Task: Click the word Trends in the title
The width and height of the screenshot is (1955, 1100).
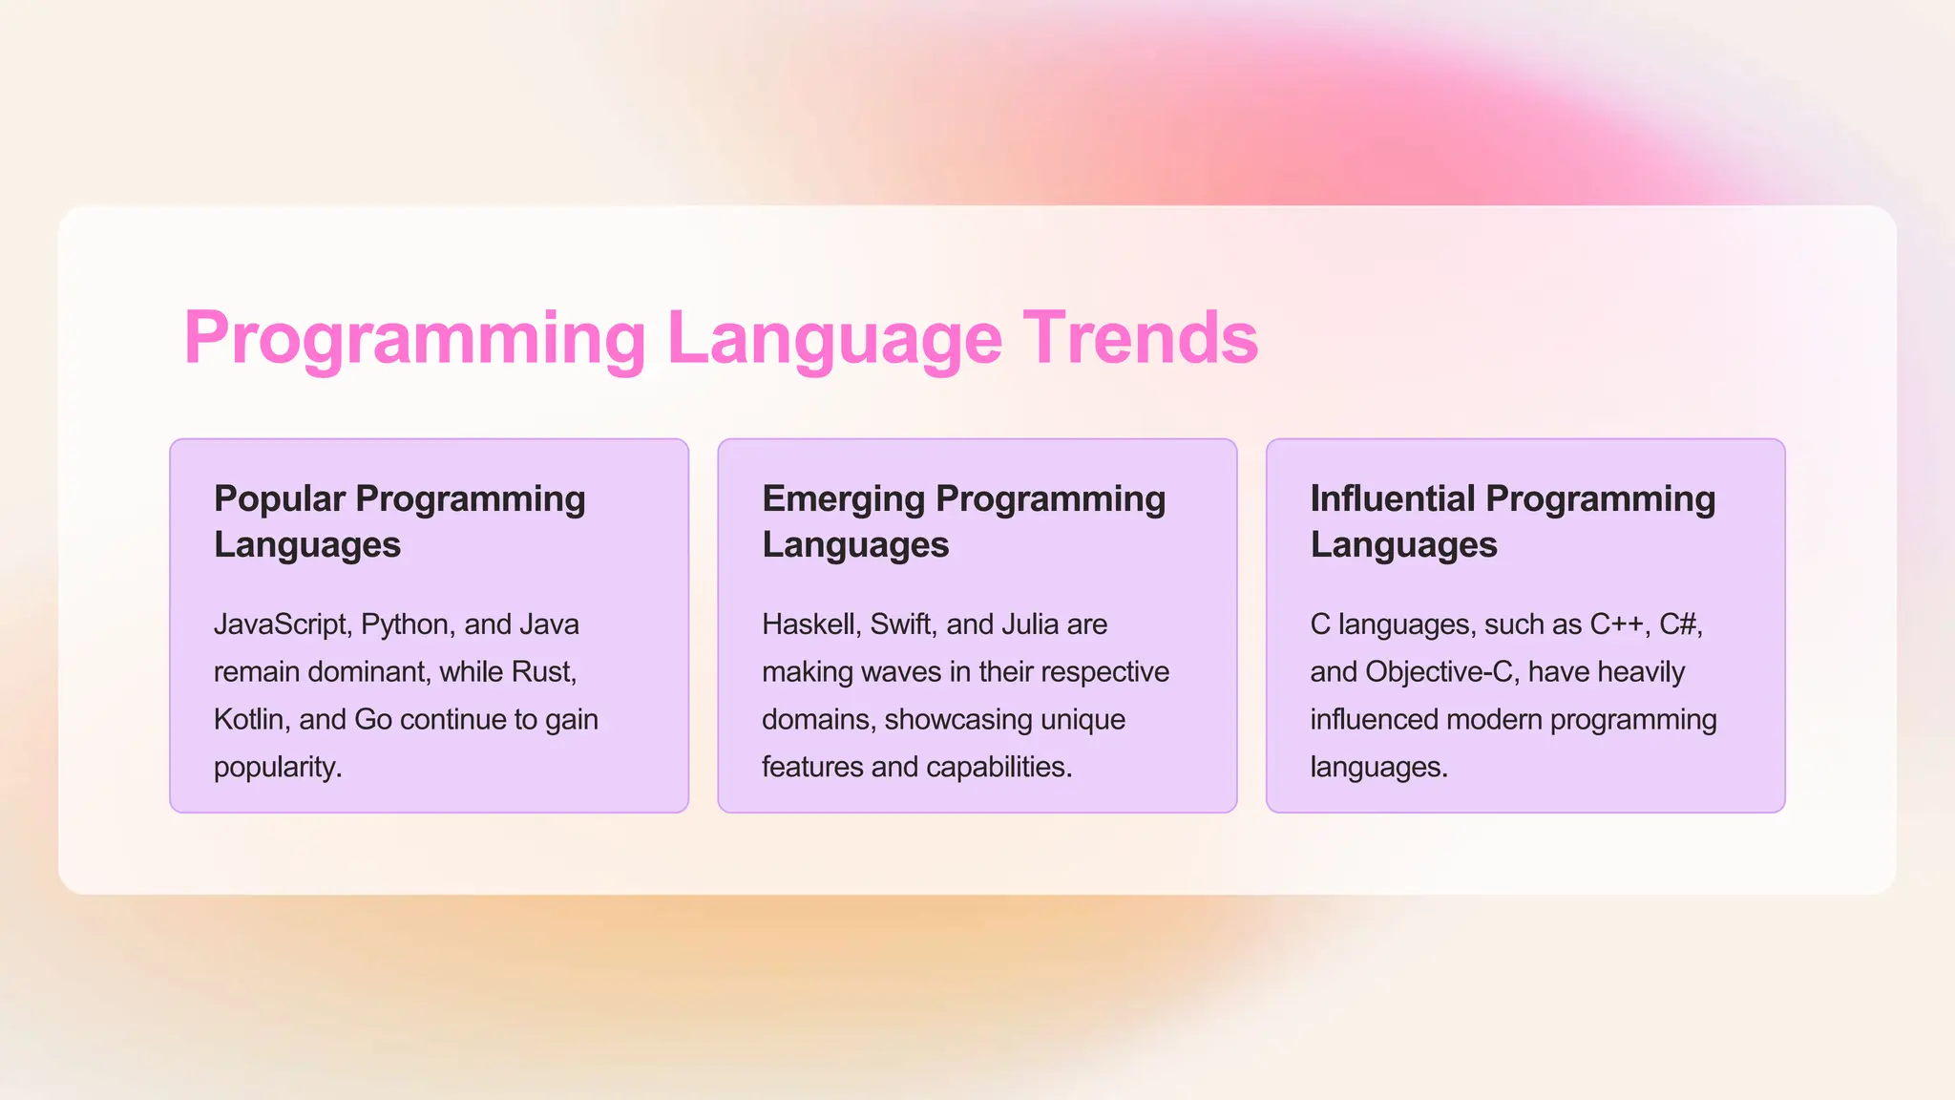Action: tap(1141, 338)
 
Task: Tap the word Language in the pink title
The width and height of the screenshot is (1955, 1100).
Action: tap(834, 338)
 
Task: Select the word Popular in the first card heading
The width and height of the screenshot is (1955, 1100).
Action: tap(280, 499)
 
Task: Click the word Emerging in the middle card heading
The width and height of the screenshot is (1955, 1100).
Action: tap(843, 499)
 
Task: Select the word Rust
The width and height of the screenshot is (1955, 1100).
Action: tap(543, 672)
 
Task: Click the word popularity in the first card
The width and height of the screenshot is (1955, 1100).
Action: tap(277, 768)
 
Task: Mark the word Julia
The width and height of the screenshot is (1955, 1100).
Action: tap(1030, 624)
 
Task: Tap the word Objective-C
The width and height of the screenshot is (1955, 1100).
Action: tap(1440, 672)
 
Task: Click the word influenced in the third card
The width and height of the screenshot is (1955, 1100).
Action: tap(1374, 720)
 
